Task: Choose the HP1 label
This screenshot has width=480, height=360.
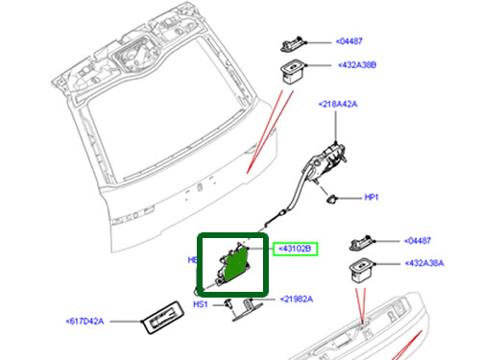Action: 372,198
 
